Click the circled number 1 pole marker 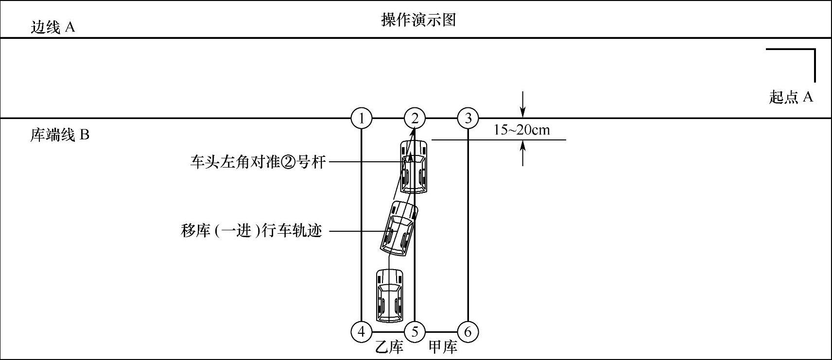coord(361,118)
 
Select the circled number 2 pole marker coord(415,118)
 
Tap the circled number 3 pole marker coord(468,118)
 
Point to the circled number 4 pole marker coord(361,332)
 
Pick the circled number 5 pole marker coord(415,332)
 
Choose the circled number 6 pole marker coord(468,332)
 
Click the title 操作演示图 coord(418,20)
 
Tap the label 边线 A coord(52,27)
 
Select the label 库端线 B coord(60,135)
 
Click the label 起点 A coord(791,97)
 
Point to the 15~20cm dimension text coord(521,130)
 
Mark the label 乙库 coord(389,347)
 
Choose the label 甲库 coord(443,347)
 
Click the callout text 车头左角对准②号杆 coord(258,161)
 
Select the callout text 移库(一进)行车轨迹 coord(251,230)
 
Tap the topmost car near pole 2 coord(414,166)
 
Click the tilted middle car coord(399,228)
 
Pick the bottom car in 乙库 coord(390,295)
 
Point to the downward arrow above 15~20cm coord(522,104)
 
